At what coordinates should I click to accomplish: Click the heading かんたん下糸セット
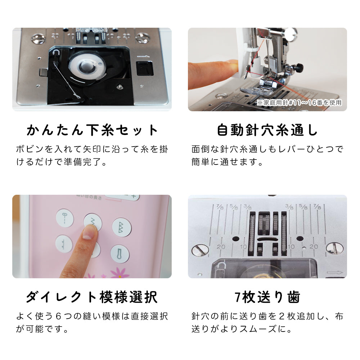92,130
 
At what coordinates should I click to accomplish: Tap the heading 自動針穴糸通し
267,130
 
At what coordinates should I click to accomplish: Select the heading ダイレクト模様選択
92,297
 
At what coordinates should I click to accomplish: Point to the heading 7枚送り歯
267,297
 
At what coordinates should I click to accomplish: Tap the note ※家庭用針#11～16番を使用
299,102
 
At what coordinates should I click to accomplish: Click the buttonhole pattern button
120,253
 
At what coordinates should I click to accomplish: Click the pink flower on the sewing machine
120,273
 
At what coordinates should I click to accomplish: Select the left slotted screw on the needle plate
200,250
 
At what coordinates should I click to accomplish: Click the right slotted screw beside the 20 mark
334,249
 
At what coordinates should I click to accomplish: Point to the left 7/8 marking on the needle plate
220,207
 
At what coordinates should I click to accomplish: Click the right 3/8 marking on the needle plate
289,206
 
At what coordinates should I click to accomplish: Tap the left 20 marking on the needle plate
221,247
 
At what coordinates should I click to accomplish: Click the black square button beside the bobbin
145,68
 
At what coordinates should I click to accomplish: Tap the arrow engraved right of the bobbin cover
334,273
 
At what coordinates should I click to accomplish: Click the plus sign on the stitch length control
134,196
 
